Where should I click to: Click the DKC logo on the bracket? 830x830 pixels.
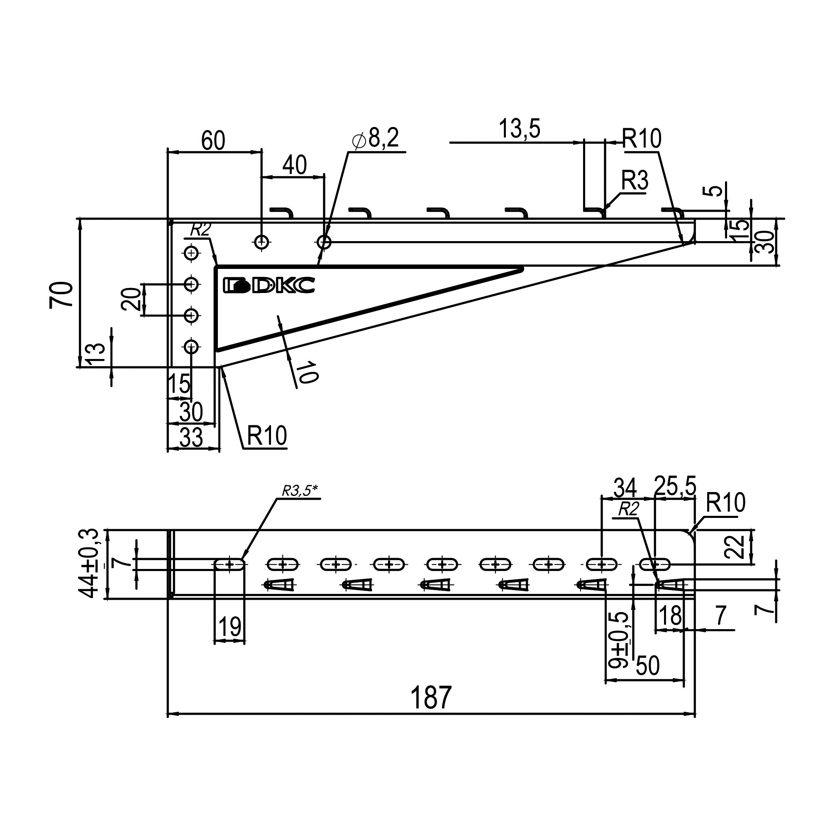coord(269,285)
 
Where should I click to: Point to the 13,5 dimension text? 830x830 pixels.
coord(520,129)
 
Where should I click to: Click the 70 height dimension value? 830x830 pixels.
coord(61,295)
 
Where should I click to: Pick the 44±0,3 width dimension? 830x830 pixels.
coord(89,564)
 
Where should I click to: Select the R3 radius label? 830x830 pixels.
coord(635,181)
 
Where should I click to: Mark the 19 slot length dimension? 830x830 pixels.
coord(230,627)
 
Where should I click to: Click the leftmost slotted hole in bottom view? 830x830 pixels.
coord(230,564)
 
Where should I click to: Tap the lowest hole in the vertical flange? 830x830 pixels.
coord(192,346)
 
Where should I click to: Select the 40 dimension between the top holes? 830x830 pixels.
coord(294,165)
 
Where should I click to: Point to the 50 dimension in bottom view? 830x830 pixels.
coord(647,666)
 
